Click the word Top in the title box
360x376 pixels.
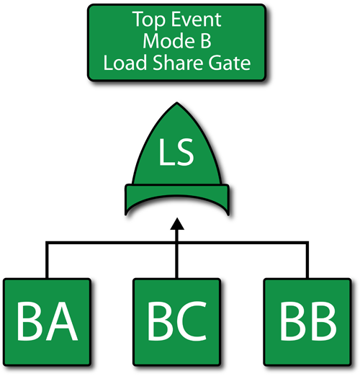tap(148, 20)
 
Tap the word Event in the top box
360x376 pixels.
tap(197, 19)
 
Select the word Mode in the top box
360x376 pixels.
tap(168, 41)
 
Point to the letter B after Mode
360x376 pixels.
tap(205, 41)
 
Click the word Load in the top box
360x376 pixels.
tap(125, 63)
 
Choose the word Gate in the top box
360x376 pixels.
tap(230, 63)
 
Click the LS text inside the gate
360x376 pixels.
tap(176, 153)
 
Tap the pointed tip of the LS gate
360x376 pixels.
tap(177, 103)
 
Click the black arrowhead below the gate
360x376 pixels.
tap(177, 224)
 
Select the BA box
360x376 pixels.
tap(47, 322)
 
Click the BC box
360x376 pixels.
tap(177, 322)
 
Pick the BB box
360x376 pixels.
tap(307, 322)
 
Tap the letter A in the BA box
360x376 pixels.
tap(62, 321)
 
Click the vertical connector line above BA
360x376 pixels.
tap(47, 260)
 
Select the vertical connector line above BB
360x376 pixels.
tap(307, 260)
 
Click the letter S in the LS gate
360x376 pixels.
tap(184, 153)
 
